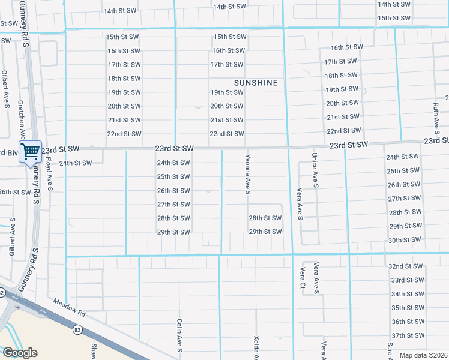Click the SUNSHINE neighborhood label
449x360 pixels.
click(256, 83)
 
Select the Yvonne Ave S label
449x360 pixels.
click(247, 174)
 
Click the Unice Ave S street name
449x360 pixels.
click(315, 170)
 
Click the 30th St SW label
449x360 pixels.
click(403, 240)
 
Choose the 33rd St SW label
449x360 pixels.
click(407, 280)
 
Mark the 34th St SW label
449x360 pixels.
click(407, 294)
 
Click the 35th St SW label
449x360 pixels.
click(407, 308)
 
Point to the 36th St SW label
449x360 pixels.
click(407, 322)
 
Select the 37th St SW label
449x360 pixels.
click(407, 335)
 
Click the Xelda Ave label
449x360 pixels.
click(256, 347)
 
